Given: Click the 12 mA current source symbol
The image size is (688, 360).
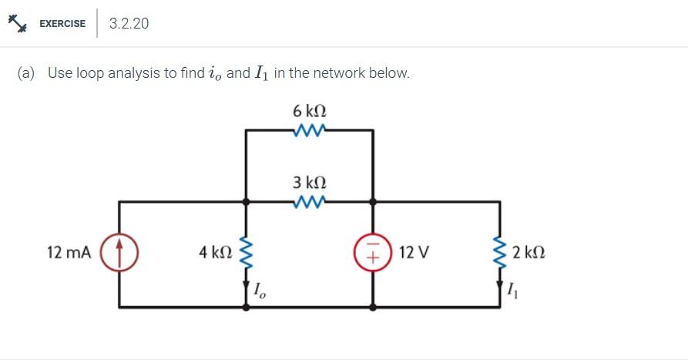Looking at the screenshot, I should pyautogui.click(x=119, y=251).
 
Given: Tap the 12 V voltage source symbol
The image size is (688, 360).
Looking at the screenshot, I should pyautogui.click(x=373, y=252).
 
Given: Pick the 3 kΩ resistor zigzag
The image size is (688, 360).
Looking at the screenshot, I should pyautogui.click(x=310, y=203).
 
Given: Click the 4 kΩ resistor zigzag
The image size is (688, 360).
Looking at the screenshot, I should pyautogui.click(x=247, y=252).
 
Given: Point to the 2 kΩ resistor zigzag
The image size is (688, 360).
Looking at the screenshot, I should pyautogui.click(x=501, y=252).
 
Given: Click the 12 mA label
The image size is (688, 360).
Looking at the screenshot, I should pyautogui.click(x=69, y=252).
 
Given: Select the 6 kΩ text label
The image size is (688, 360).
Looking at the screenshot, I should pyautogui.click(x=310, y=111).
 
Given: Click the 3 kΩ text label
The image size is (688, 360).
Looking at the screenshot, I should pyautogui.click(x=310, y=183).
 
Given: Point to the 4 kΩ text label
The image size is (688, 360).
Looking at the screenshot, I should pyautogui.click(x=214, y=252).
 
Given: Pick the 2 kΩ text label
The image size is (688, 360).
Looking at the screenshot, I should pyautogui.click(x=529, y=252).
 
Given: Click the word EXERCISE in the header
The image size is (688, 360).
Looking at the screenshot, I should pyautogui.click(x=62, y=23).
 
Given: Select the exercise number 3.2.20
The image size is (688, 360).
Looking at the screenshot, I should pyautogui.click(x=129, y=23).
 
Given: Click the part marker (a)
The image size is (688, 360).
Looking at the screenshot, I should pyautogui.click(x=27, y=73).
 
